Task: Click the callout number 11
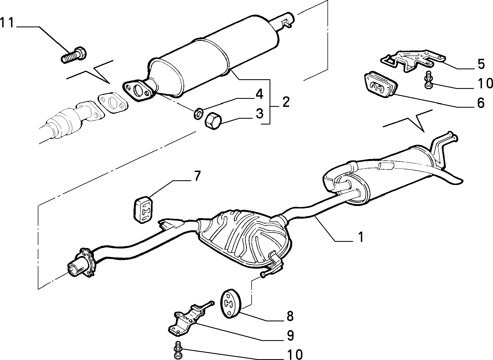point(7,23)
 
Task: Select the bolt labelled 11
point(73,55)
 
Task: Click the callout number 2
point(286,102)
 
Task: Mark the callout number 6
point(481,103)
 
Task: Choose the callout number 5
point(481,64)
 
